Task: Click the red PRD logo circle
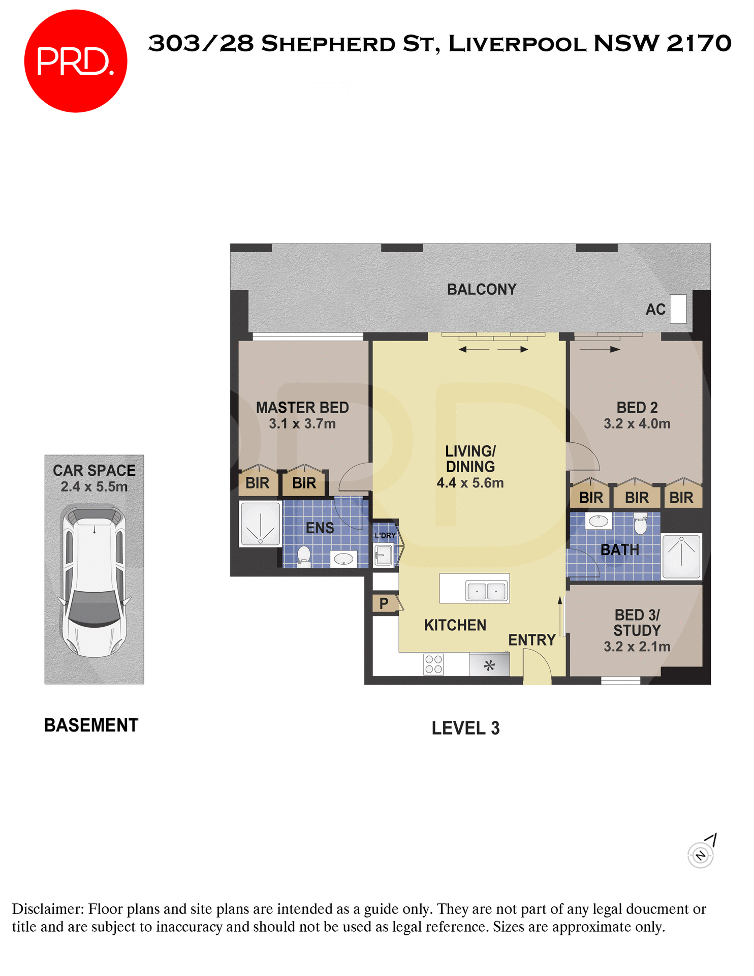click(75, 61)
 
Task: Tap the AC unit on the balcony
click(678, 309)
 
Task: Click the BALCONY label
click(481, 289)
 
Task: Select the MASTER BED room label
click(302, 408)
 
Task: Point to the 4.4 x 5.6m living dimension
click(470, 483)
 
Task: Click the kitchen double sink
click(486, 591)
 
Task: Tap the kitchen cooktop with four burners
click(433, 664)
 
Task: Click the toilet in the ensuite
click(304, 556)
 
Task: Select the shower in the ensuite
click(261, 524)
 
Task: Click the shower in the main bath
click(681, 556)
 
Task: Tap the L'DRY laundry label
click(385, 536)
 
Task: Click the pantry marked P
click(384, 603)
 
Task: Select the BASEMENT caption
click(91, 725)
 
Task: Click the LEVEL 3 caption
click(465, 728)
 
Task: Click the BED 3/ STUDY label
click(637, 623)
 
